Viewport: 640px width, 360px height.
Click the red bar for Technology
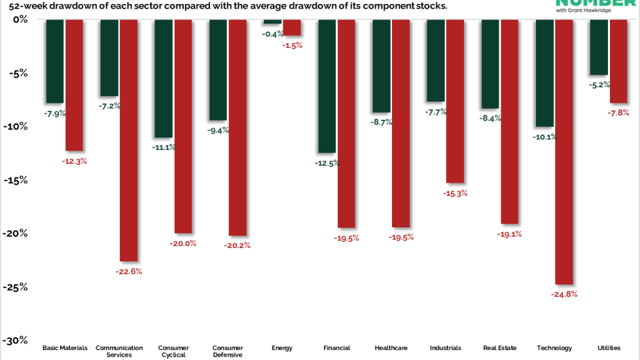564,152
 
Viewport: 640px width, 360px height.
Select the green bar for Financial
327,86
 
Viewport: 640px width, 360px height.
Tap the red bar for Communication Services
128,140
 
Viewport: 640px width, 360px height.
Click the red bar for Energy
291,27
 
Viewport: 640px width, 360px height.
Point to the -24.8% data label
564,294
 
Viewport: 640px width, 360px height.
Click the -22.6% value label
129,271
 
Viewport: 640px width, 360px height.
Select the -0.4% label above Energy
273,33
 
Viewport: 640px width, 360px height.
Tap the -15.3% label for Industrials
455,193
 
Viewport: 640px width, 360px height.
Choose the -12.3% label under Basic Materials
74,161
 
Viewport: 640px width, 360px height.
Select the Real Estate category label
499,348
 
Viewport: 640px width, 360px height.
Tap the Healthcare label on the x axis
391,348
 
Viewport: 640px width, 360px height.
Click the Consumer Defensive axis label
227,351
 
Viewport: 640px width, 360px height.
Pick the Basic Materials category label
65,348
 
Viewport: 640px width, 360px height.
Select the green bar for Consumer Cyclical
164,78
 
